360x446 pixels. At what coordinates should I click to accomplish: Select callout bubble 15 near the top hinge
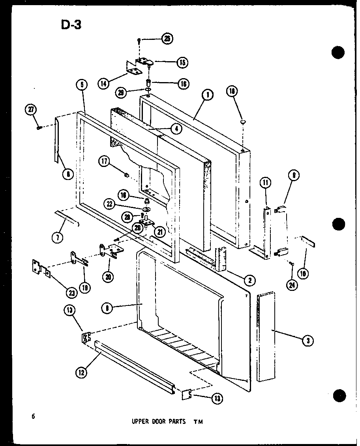(x=182, y=62)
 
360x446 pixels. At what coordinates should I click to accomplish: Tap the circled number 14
(x=103, y=83)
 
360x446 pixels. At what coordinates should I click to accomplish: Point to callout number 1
(x=206, y=95)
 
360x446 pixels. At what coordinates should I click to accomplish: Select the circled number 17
(x=105, y=161)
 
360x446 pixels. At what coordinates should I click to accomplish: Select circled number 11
(x=265, y=183)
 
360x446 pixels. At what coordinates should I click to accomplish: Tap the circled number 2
(x=249, y=281)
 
